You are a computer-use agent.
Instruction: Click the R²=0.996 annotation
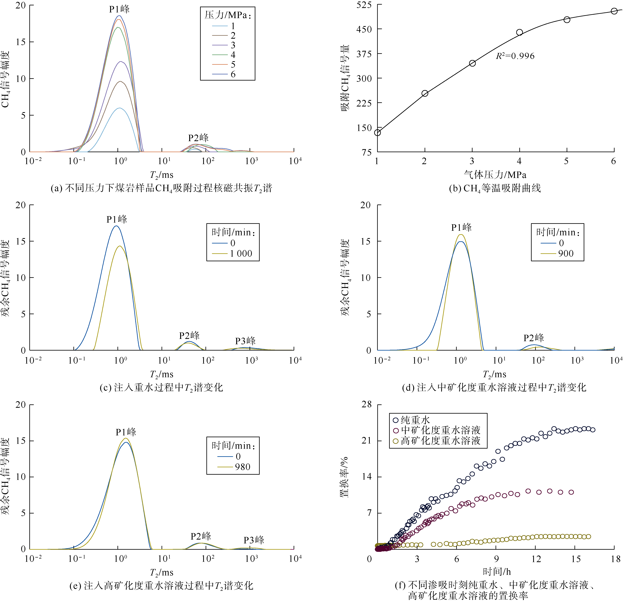point(515,56)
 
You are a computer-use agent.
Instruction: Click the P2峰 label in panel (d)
point(534,338)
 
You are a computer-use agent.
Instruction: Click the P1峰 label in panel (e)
point(126,432)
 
